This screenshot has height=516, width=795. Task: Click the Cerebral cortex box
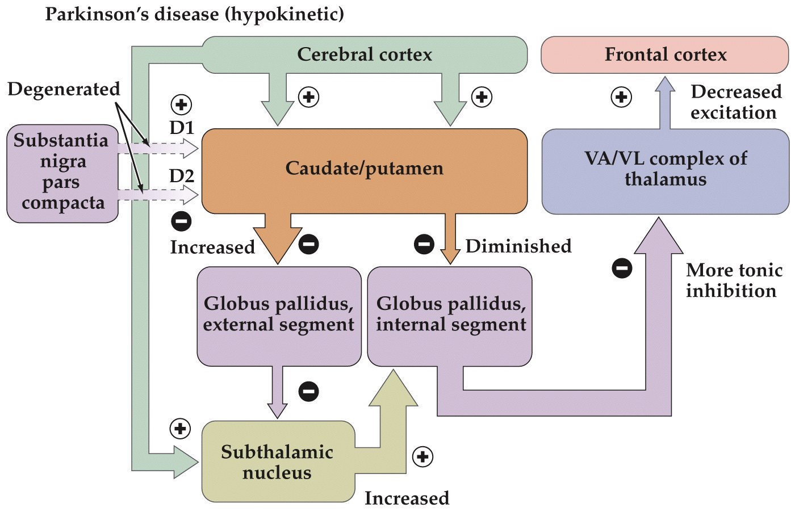pos(364,54)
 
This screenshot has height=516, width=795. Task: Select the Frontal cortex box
pos(665,54)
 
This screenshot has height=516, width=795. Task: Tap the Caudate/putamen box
pos(364,169)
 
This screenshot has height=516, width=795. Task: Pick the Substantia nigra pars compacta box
pos(62,172)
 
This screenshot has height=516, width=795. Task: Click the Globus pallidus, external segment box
pos(278,314)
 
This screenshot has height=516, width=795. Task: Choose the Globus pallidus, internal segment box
pos(450,314)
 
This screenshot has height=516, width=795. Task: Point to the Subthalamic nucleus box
pos(277,462)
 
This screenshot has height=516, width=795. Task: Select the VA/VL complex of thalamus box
pos(665,169)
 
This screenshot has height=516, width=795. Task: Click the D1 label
pos(182,128)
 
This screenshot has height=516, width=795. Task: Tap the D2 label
pos(182,176)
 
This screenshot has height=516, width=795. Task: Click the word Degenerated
pos(64,89)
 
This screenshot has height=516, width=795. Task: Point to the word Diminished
pos(518,246)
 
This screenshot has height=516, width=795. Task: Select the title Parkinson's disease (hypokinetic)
pos(194,14)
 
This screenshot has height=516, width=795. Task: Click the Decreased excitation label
pos(735,102)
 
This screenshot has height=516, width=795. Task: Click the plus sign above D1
pos(181,104)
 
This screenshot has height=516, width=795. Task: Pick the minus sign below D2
pos(181,221)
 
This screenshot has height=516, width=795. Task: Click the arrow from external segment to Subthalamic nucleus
pos(278,392)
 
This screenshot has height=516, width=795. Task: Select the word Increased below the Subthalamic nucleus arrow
pos(407,498)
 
